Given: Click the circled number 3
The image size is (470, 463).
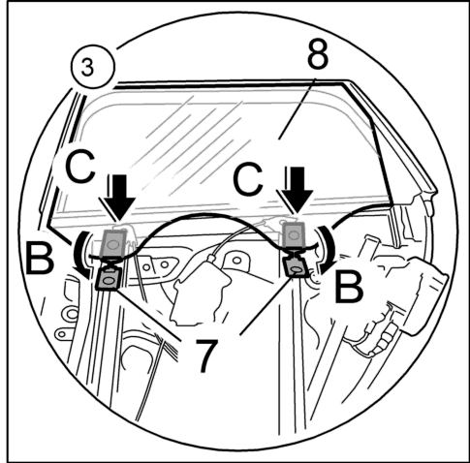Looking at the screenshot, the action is coord(92,67).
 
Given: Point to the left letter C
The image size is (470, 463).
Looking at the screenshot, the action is coord(80,167).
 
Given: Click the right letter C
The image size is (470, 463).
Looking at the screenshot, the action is coord(248,178).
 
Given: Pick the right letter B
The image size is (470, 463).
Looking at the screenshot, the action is coord(349,287).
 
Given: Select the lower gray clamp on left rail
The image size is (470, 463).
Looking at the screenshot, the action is coord(108,279).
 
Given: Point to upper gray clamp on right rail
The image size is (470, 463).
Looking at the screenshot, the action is coord(294,235).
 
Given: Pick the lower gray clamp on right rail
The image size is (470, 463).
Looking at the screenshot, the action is coord(296,266).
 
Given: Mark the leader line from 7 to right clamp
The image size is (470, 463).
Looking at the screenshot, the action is coord(266,307).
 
